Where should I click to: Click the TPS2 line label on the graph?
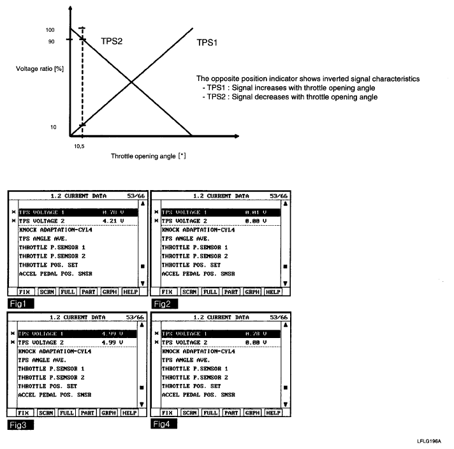tap(112, 40)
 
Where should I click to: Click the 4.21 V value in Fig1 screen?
tap(112, 221)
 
